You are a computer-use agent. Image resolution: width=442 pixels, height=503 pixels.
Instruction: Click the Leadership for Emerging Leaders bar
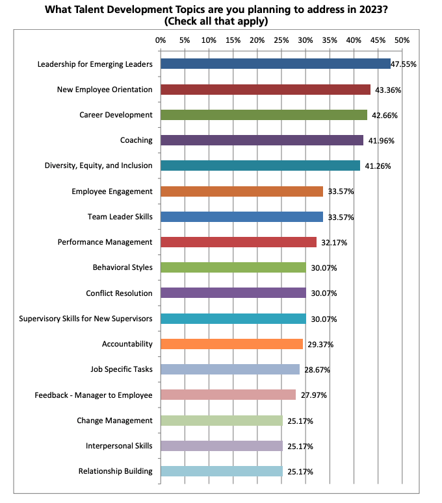[x=276, y=64]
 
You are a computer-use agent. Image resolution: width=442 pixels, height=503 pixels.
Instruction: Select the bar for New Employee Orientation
[x=266, y=90]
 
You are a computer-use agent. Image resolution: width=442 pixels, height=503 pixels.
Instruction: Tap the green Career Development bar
[x=264, y=115]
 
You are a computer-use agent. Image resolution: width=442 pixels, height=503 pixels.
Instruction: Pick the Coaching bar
[x=262, y=140]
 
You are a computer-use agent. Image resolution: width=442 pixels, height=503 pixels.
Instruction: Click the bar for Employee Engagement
[x=242, y=191]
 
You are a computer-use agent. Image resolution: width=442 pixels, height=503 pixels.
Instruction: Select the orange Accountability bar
[x=232, y=344]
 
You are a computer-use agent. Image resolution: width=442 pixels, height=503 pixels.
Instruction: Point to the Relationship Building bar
[x=222, y=471]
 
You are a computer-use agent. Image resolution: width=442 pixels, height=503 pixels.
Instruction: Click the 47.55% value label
[x=404, y=64]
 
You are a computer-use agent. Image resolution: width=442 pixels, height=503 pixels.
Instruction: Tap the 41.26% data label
[x=378, y=166]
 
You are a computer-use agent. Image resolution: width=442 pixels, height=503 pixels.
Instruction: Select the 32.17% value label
[x=334, y=243]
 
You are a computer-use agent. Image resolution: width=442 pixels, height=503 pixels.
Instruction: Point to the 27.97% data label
[x=313, y=395]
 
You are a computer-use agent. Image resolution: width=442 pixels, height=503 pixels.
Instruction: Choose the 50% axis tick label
[x=402, y=40]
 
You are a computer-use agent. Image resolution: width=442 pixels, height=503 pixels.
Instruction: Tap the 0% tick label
[x=161, y=40]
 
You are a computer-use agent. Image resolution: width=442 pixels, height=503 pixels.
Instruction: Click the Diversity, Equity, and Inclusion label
[x=99, y=166]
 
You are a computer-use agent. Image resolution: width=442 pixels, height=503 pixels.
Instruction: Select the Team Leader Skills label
[x=120, y=217]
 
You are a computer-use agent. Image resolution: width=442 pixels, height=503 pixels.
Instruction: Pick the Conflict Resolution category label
[x=119, y=293]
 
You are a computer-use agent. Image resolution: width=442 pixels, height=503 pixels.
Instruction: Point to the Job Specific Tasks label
[x=122, y=369]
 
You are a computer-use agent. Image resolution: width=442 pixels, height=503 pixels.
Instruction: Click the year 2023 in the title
[x=369, y=10]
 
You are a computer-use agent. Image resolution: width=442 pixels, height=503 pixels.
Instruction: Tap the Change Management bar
[x=222, y=421]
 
